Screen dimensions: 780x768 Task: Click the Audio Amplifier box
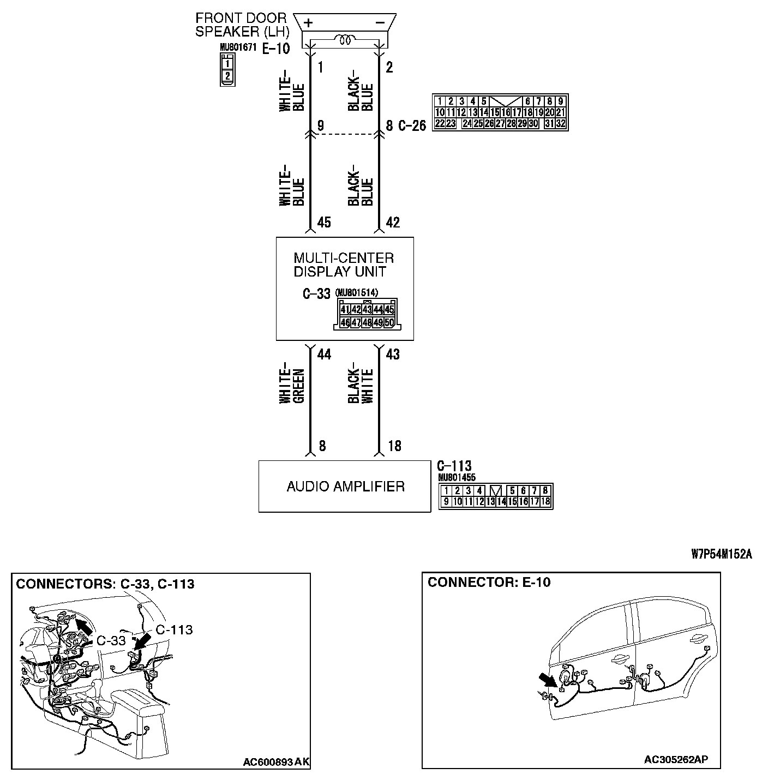coord(345,486)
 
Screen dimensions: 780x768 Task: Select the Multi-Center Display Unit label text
coord(344,265)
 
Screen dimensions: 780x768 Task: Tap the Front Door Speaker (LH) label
coord(241,25)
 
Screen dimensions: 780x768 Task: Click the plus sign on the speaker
coord(309,22)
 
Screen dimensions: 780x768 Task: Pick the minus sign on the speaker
coord(380,22)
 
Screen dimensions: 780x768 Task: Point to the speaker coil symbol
coord(345,40)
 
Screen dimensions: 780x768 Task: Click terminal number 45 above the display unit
coord(323,223)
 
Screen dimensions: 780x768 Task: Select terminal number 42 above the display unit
coord(393,223)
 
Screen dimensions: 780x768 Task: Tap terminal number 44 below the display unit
coord(324,355)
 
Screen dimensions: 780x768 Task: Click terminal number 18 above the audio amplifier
coord(394,446)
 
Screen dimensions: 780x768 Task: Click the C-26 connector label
coord(412,126)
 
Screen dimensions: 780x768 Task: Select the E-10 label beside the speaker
coord(276,49)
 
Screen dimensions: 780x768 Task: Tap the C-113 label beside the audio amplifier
coord(454,466)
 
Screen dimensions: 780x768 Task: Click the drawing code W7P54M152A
coord(721,555)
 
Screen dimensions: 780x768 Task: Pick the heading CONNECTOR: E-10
coord(489,583)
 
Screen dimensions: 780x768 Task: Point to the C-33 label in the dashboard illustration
coord(111,640)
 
